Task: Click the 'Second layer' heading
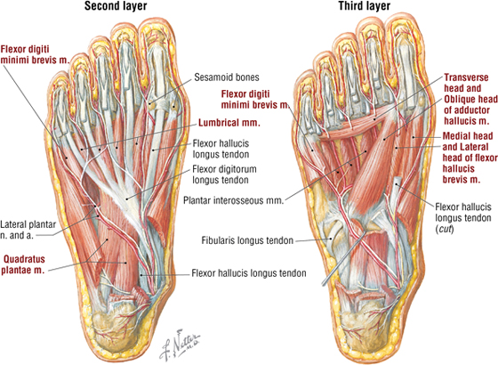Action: (x=116, y=6)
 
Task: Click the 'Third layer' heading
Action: (x=365, y=6)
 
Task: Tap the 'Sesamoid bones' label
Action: (x=227, y=77)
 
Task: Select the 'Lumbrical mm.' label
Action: (x=229, y=123)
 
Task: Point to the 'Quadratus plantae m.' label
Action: (x=23, y=264)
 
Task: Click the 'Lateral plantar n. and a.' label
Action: (x=28, y=230)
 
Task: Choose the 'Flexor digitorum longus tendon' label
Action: (x=224, y=174)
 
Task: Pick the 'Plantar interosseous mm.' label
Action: (x=233, y=200)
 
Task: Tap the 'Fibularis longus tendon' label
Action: (x=247, y=240)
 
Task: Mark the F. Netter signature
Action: (x=180, y=345)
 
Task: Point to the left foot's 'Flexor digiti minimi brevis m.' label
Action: (x=35, y=54)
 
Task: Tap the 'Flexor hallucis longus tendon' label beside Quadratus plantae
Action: (x=249, y=273)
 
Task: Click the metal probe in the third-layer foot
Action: (x=343, y=257)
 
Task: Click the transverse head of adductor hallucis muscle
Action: (x=356, y=126)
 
